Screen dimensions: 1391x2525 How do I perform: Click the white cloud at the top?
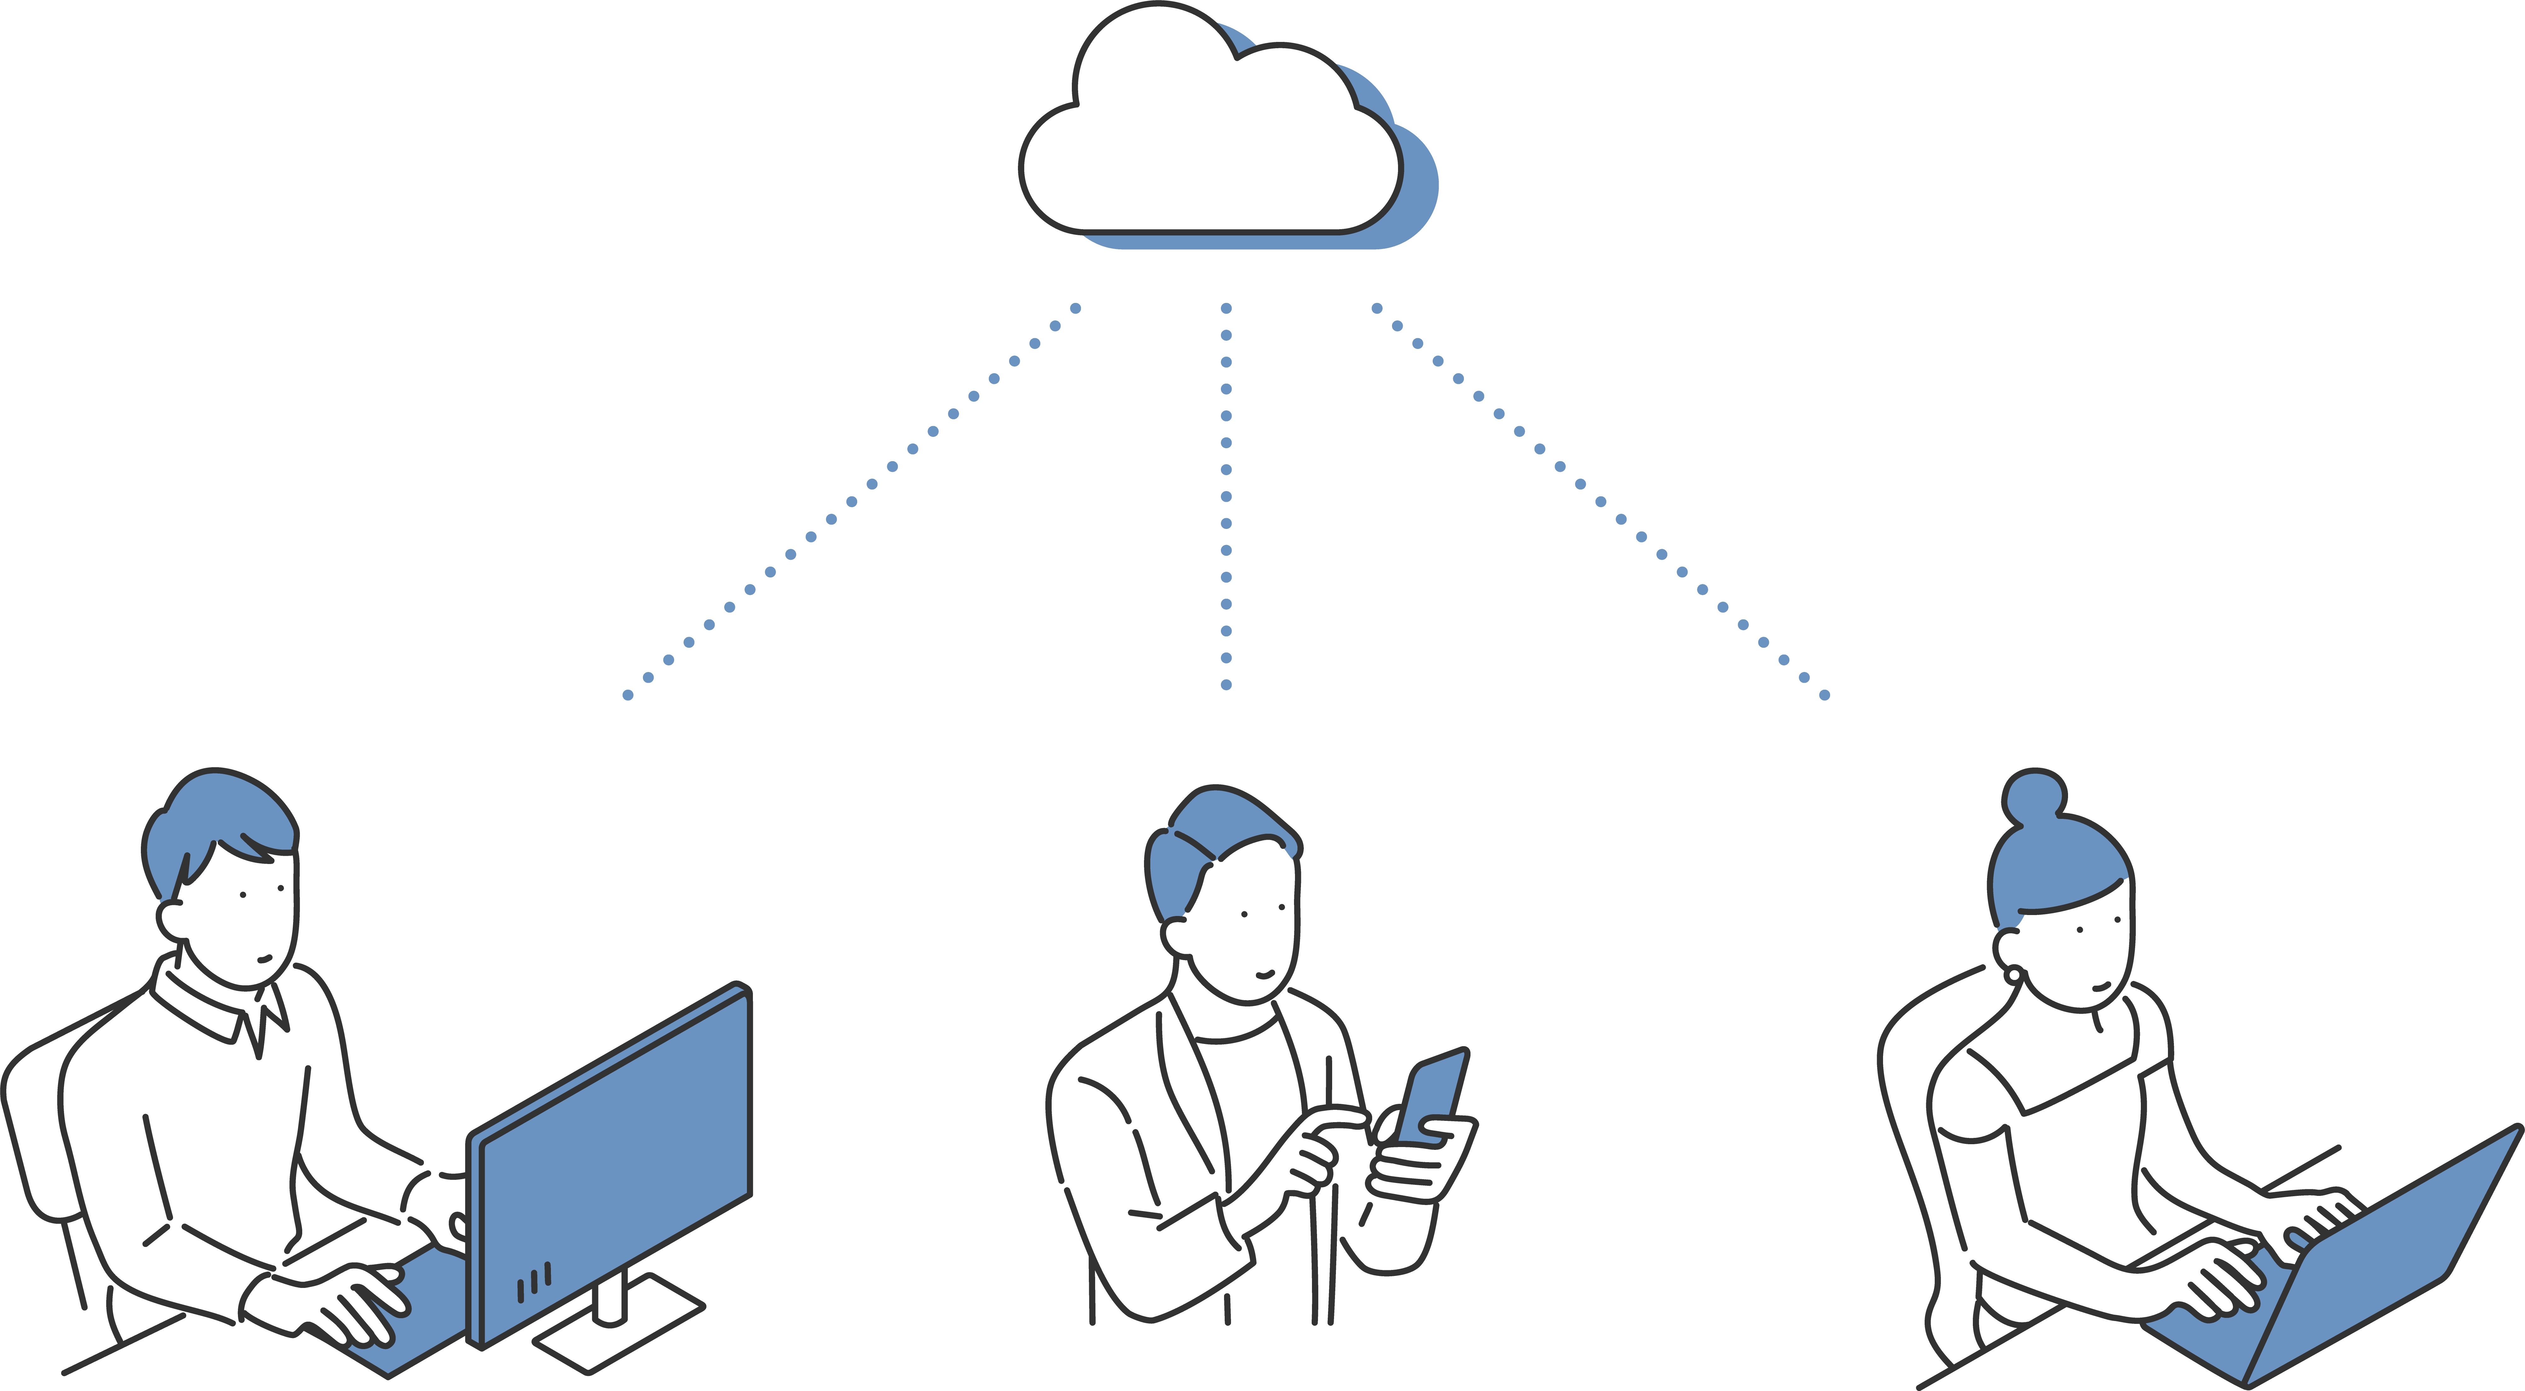[x=1206, y=147]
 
